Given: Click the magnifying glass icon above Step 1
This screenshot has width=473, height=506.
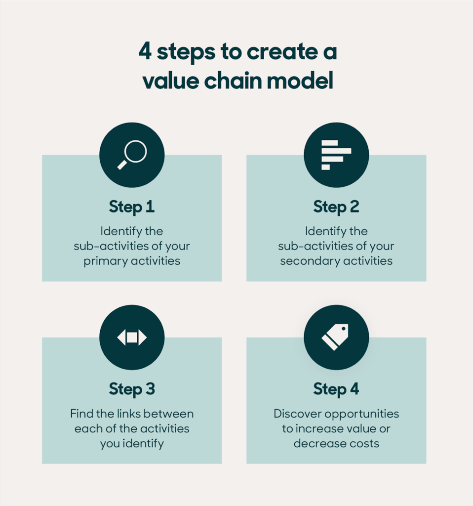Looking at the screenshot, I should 132,155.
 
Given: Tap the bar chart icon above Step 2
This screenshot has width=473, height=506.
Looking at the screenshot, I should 336,155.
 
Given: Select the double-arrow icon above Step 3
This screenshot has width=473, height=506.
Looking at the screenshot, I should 132,337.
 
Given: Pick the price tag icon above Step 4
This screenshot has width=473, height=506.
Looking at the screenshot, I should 336,337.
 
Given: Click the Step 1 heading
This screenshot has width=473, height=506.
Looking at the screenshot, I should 132,207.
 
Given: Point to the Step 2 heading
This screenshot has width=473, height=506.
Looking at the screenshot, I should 336,207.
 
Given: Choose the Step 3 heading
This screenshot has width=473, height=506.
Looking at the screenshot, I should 132,389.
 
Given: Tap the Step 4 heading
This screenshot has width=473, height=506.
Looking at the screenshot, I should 336,389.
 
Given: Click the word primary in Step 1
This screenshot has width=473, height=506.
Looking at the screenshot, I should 105,261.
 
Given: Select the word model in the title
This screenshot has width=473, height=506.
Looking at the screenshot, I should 306,81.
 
